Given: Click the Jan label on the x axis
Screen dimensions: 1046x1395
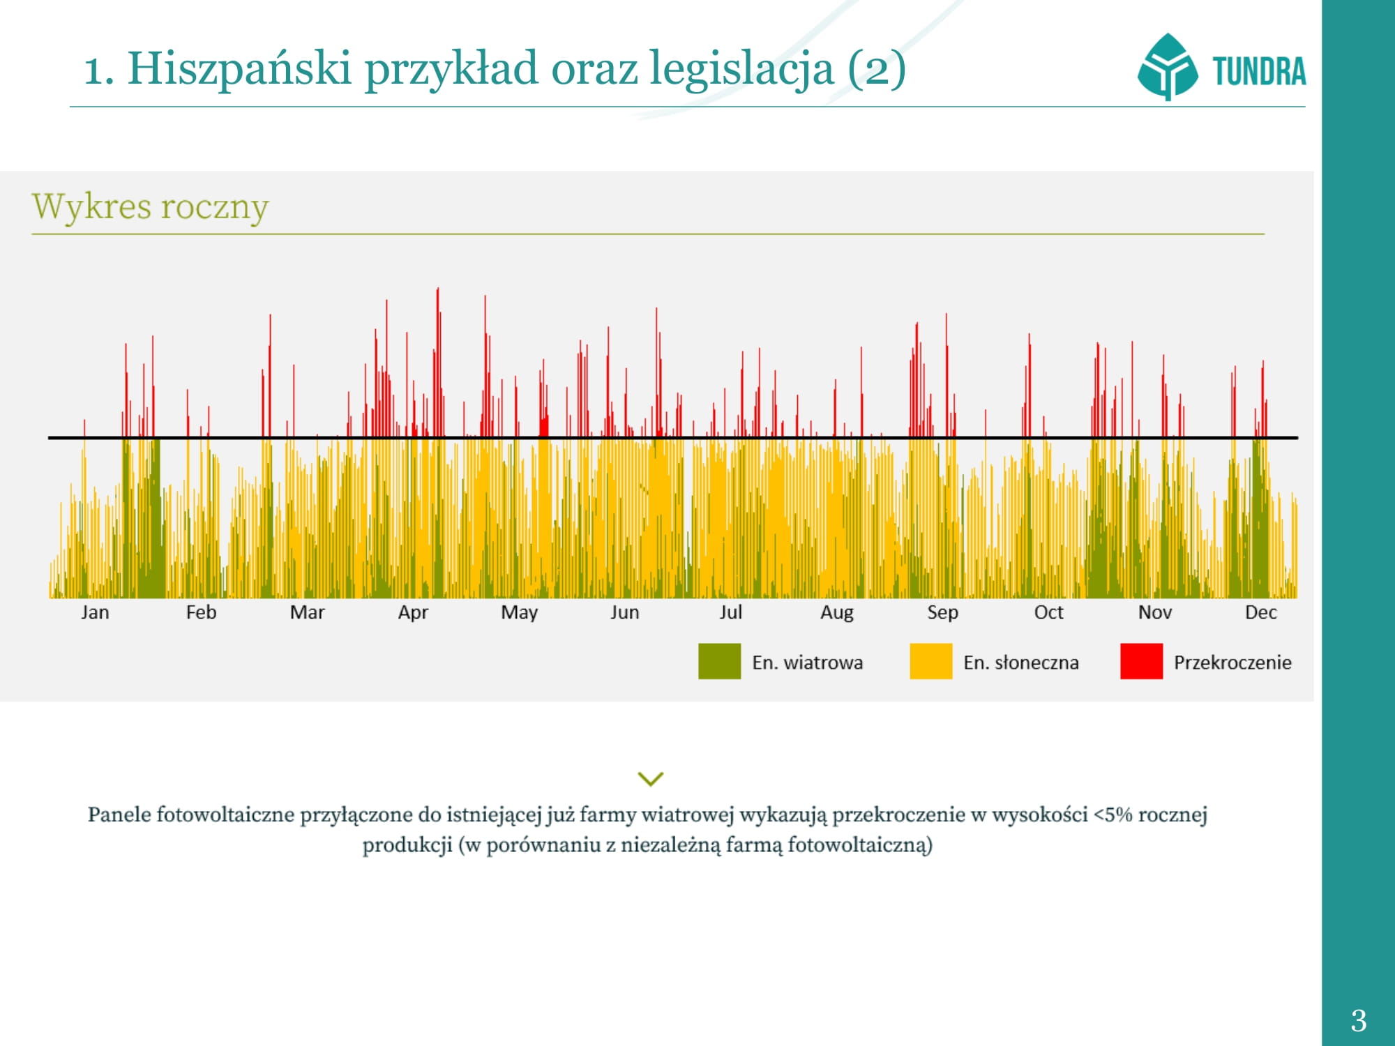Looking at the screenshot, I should pos(95,612).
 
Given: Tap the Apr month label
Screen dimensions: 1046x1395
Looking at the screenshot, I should pos(413,612).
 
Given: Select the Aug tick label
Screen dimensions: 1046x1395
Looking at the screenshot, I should pos(836,612).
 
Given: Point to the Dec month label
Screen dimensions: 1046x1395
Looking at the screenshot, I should pos(1260,612).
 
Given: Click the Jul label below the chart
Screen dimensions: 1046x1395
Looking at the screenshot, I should pos(730,612).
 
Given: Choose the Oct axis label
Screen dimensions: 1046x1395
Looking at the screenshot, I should pos(1048,612).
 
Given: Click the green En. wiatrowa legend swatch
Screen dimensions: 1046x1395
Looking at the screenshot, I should pos(719,661).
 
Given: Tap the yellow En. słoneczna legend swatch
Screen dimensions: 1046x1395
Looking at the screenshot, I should pos(930,661).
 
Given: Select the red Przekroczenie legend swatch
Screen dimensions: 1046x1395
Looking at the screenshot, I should pos(1141,661).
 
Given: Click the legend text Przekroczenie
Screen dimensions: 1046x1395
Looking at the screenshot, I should pos(1232,662).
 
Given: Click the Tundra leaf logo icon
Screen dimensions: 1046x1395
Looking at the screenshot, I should pos(1167,67).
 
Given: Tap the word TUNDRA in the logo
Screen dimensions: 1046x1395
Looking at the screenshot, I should pos(1259,71).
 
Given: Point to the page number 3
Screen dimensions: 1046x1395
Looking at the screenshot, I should pos(1358,1021).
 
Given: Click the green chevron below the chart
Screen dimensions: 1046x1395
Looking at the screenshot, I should pos(650,778).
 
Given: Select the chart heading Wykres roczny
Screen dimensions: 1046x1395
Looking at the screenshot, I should pos(151,207).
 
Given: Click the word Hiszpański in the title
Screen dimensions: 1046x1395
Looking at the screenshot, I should pos(239,68).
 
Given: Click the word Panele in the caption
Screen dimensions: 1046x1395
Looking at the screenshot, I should pos(119,814).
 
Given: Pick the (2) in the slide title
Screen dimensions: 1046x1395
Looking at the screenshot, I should pos(877,68).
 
